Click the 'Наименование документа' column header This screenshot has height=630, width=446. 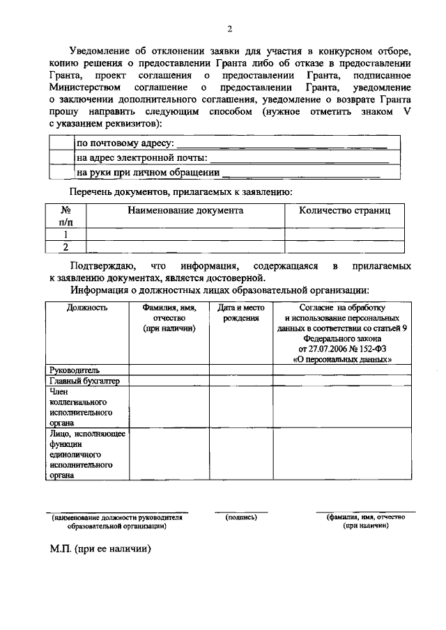[185, 210]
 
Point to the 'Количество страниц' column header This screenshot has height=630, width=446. [344, 210]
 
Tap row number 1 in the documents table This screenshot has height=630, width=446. [66, 235]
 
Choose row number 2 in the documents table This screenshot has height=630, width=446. [66, 246]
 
